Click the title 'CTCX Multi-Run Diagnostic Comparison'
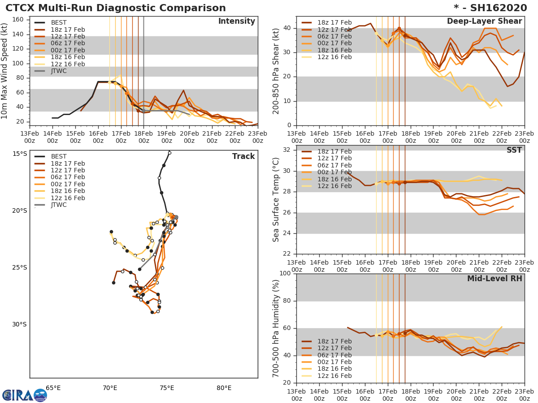(116, 8)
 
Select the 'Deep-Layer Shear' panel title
(484, 21)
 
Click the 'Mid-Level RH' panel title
(495, 279)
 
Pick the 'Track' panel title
(243, 156)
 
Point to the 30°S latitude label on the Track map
(19, 324)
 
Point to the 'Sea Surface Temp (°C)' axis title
(276, 200)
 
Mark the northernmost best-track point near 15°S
(169, 153)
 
